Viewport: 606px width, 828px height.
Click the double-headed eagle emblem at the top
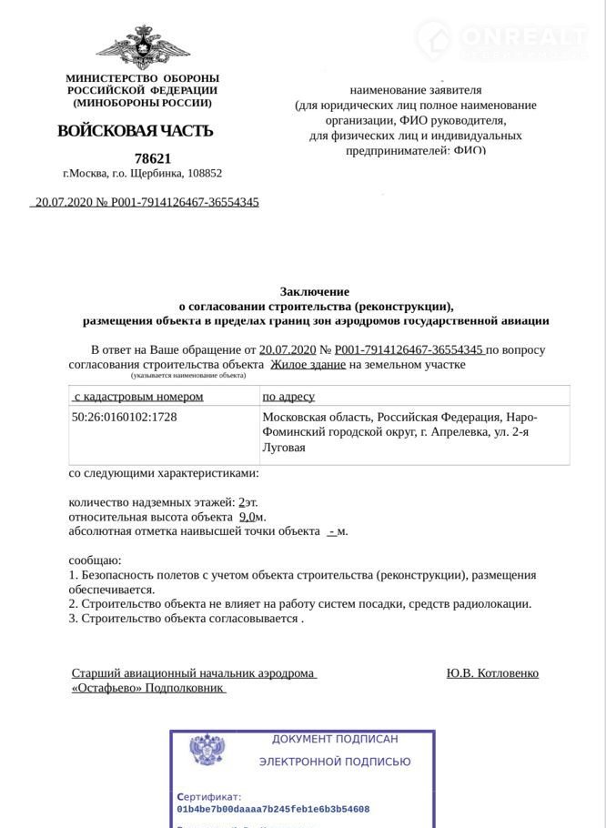coord(141,46)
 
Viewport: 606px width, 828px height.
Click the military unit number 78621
coord(152,158)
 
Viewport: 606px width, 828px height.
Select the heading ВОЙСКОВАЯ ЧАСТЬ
coord(136,131)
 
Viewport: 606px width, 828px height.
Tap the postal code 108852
coord(205,173)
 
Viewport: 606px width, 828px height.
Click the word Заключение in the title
coord(314,291)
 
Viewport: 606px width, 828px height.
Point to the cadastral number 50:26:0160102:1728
coord(125,417)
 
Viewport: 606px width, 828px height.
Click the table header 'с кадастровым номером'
coord(138,397)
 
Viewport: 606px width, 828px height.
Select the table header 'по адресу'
coord(288,397)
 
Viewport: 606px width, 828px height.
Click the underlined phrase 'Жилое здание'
coord(308,365)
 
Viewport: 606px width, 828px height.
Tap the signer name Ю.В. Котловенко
coord(492,673)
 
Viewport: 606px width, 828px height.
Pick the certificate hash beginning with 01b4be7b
coord(273,808)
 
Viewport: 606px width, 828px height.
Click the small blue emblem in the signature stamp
coord(207,751)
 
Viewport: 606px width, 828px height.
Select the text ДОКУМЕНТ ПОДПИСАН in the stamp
coord(334,739)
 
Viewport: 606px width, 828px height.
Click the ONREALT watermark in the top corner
coord(514,36)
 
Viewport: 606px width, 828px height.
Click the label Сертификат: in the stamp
coord(209,795)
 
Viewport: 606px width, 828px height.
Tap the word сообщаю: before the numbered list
coord(96,560)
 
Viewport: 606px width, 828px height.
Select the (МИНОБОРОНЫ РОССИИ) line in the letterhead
coord(141,102)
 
